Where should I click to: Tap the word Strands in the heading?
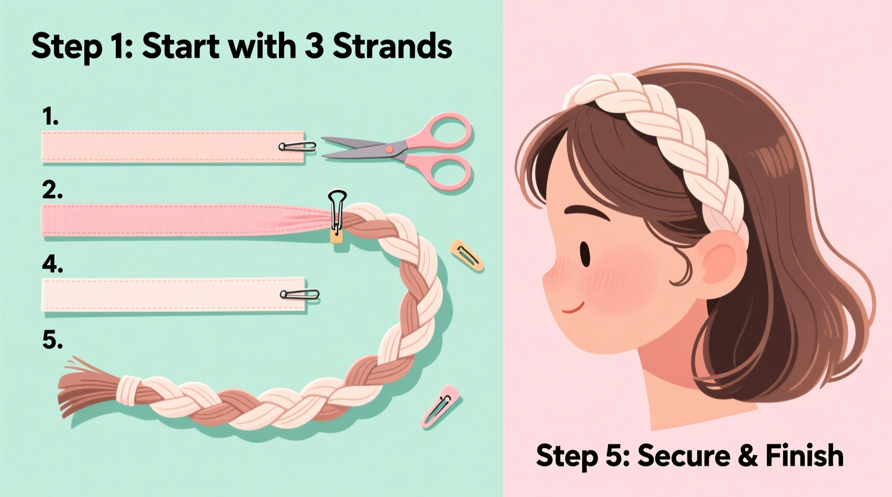(x=392, y=46)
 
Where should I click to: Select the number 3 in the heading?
(x=314, y=46)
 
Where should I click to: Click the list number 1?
(x=50, y=117)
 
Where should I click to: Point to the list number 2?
(x=52, y=190)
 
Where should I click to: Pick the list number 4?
(x=53, y=264)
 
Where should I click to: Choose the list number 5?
(x=52, y=340)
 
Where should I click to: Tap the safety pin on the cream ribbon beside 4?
(x=300, y=294)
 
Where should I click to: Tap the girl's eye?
(x=585, y=254)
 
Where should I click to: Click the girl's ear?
(x=722, y=262)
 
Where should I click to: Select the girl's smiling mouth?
(x=573, y=308)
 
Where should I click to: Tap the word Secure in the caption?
(x=683, y=456)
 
